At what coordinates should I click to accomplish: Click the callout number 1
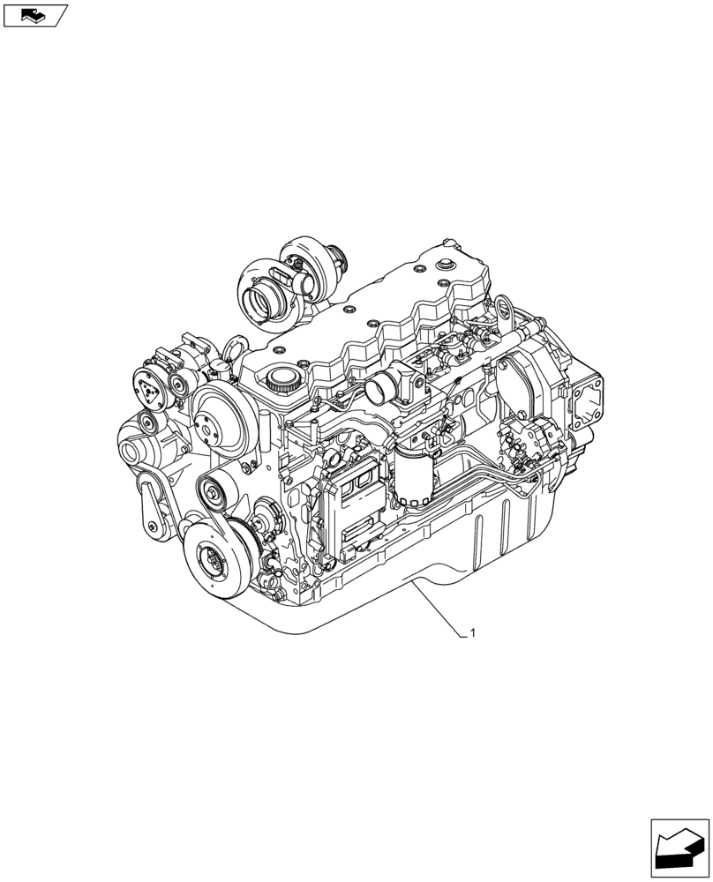474,632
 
